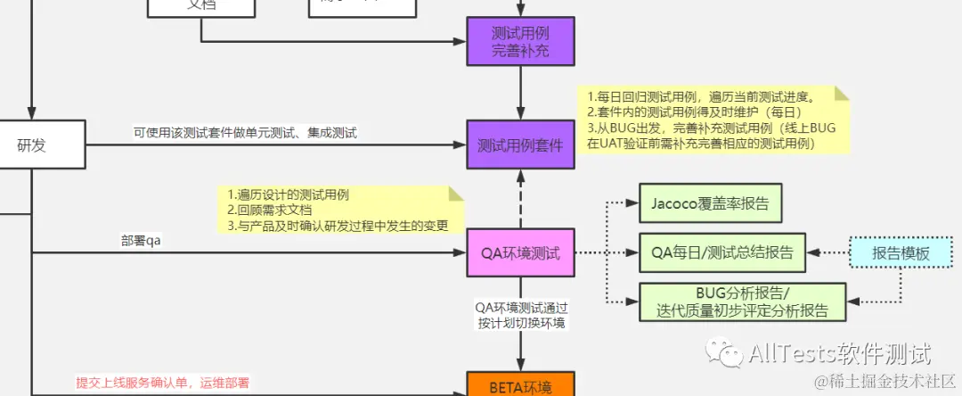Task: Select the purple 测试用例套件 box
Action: [520, 145]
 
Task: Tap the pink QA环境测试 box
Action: [520, 253]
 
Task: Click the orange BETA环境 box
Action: [520, 386]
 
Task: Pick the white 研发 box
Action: [32, 145]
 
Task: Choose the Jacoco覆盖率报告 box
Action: [710, 204]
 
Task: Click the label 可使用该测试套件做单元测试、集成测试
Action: [245, 133]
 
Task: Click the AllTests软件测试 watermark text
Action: [840, 354]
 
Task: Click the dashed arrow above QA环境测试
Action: [520, 200]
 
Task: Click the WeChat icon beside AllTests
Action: [723, 354]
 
